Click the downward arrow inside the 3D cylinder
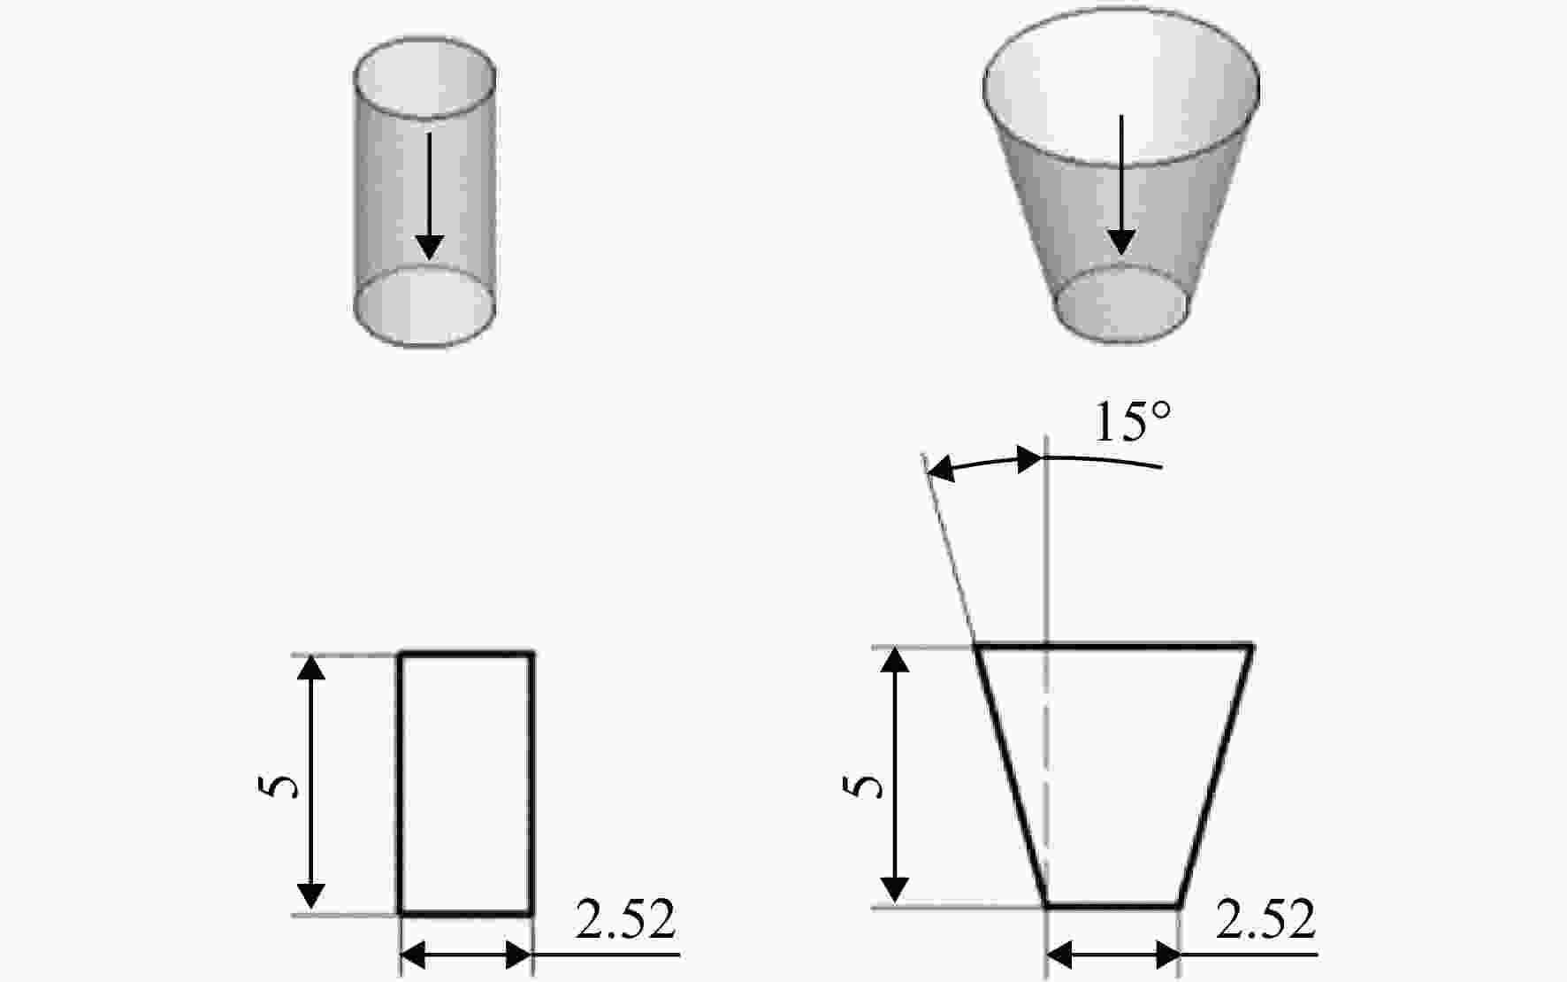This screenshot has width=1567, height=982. [430, 196]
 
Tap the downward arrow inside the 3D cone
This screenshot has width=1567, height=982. [1121, 185]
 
